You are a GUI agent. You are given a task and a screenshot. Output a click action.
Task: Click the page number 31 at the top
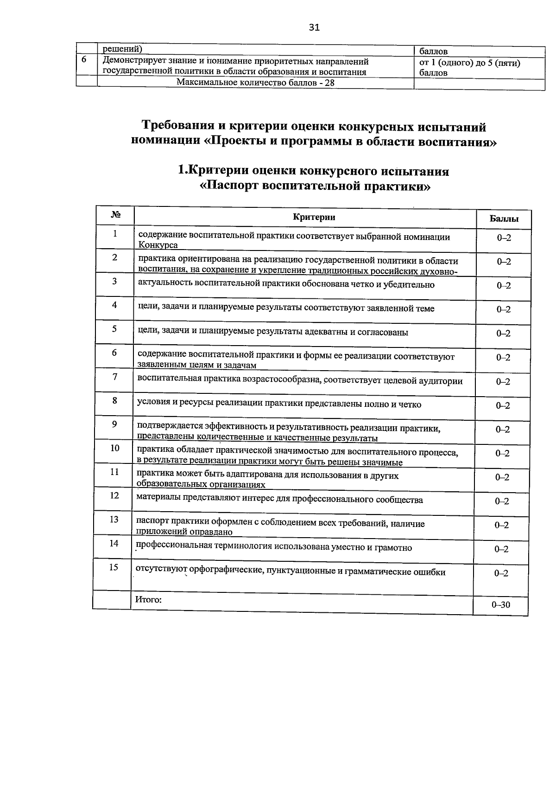pos(314,27)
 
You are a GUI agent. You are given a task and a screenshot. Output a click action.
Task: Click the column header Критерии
pos(314,217)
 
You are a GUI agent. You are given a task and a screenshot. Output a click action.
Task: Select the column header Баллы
pos(504,219)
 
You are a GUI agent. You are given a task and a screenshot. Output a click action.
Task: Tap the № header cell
pos(116,215)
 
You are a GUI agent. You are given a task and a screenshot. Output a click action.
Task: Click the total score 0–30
pos(500,605)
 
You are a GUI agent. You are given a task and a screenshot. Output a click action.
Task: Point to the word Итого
pos(148,599)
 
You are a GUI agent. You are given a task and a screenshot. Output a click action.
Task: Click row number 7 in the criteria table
pos(115,376)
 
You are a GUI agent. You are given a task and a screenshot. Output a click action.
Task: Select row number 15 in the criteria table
pos(114,567)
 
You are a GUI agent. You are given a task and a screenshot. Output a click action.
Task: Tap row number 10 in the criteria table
pos(114,448)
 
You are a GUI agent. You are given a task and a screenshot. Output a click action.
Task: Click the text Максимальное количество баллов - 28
pos(255,83)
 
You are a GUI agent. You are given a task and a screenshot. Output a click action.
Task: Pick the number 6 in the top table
pos(84,60)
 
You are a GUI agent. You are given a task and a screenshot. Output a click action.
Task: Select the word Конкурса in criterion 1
pos(158,245)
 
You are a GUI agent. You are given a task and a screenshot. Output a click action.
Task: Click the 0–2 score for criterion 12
pos(502,501)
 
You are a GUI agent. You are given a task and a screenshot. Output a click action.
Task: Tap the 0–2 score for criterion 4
pos(503,309)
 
